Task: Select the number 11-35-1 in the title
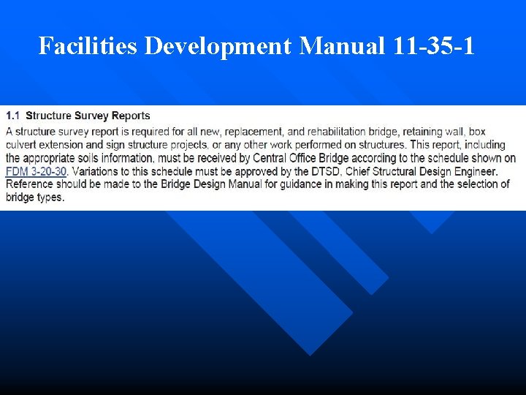(432, 46)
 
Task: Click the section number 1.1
(13, 116)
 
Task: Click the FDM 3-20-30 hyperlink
(36, 171)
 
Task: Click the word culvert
(22, 145)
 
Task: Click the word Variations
(99, 171)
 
